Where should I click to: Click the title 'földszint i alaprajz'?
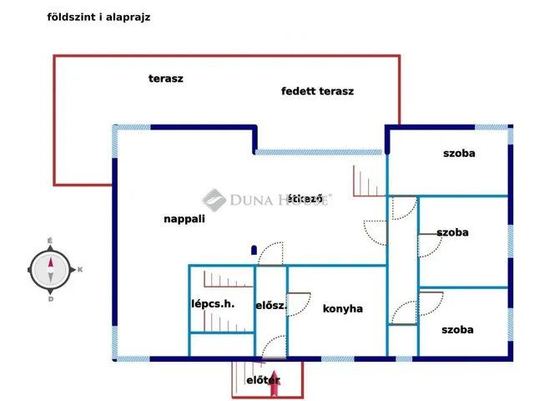coord(98,17)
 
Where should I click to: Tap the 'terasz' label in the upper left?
coord(166,79)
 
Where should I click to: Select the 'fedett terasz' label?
coord(317,91)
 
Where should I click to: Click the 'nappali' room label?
coord(184,219)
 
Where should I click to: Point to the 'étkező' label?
coord(305,199)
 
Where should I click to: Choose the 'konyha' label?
coord(343,309)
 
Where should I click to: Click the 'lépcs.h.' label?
coord(213,304)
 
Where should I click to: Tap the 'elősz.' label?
coord(271,306)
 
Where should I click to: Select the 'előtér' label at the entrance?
coord(263,380)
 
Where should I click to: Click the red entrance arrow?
coord(275,383)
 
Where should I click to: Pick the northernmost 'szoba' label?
coord(459,154)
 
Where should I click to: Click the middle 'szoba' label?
coord(452,232)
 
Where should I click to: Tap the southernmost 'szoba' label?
coord(457,330)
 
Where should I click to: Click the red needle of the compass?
coord(51,263)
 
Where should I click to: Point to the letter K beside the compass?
coord(80,270)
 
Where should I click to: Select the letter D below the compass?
coord(51,299)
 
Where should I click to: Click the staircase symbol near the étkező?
coord(370,181)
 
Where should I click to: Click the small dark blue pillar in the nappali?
coord(254,251)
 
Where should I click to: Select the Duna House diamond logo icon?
coord(214,200)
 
